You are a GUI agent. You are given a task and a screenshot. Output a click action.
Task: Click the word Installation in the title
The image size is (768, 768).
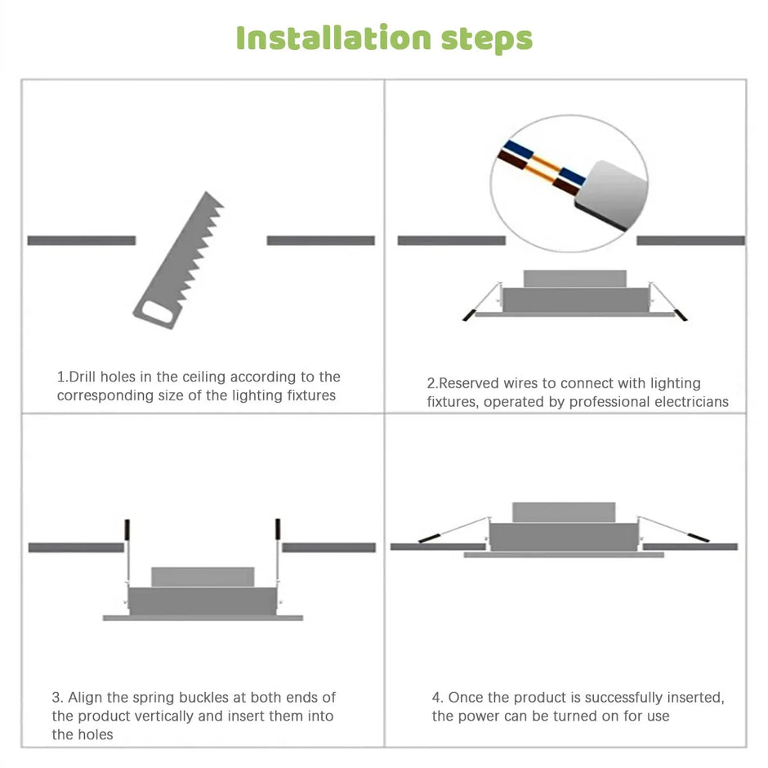point(333,38)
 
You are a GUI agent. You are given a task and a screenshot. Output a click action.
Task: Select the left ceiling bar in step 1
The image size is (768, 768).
point(81,240)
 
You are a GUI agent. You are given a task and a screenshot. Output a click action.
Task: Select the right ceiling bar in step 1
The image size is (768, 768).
point(320,240)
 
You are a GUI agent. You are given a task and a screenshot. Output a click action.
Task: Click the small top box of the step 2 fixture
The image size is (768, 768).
point(574,279)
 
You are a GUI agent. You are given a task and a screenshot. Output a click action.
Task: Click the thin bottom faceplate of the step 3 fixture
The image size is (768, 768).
point(203,618)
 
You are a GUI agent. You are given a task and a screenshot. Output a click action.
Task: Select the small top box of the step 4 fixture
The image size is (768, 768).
point(563,512)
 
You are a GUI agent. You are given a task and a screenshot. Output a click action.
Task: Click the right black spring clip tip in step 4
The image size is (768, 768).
point(699,538)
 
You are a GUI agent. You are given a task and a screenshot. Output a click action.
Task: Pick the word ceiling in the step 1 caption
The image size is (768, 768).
point(204,377)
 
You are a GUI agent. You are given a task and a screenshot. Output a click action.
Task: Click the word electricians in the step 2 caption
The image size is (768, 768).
point(686,401)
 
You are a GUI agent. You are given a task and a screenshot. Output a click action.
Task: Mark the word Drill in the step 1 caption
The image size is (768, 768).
point(83,377)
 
